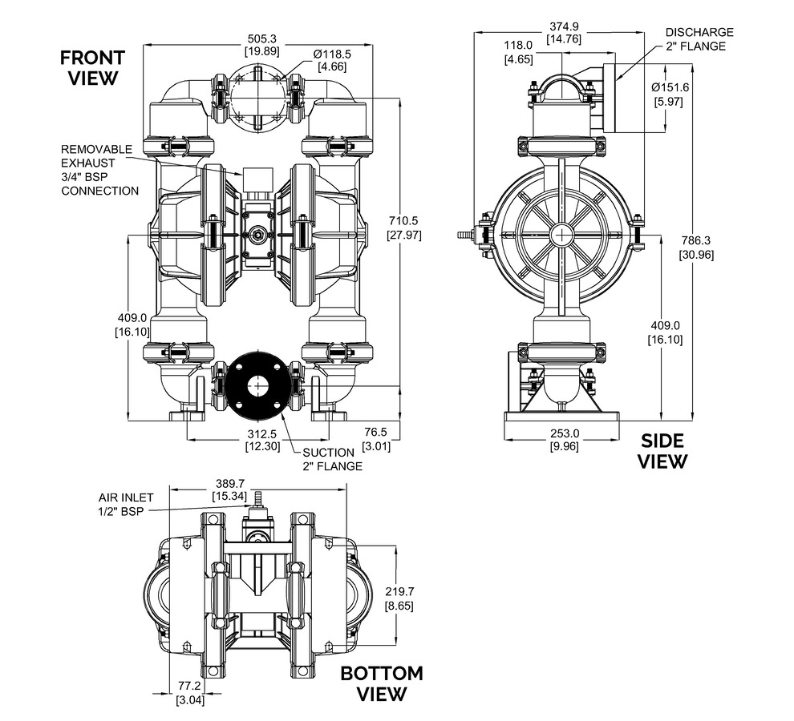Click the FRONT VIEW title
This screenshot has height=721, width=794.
93,68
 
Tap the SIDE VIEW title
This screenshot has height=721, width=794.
662,451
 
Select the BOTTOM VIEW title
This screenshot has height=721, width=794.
382,683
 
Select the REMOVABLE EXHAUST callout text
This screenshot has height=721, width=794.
99,170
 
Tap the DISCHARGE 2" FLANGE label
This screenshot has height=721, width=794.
699,39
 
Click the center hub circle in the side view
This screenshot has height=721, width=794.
562,235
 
